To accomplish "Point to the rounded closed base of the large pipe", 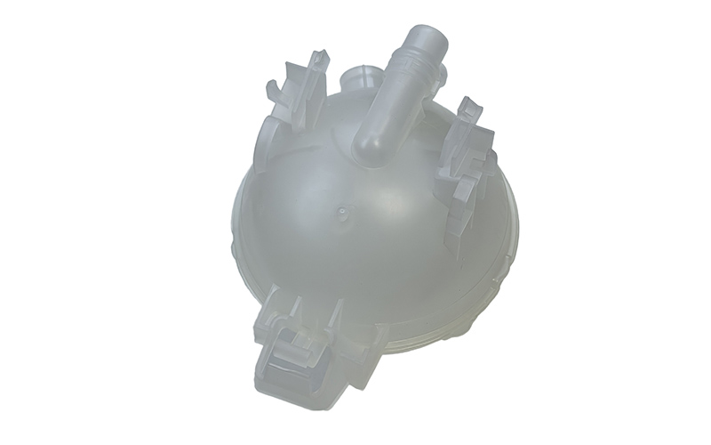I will (371, 146).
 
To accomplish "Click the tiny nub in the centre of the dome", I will (343, 214).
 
